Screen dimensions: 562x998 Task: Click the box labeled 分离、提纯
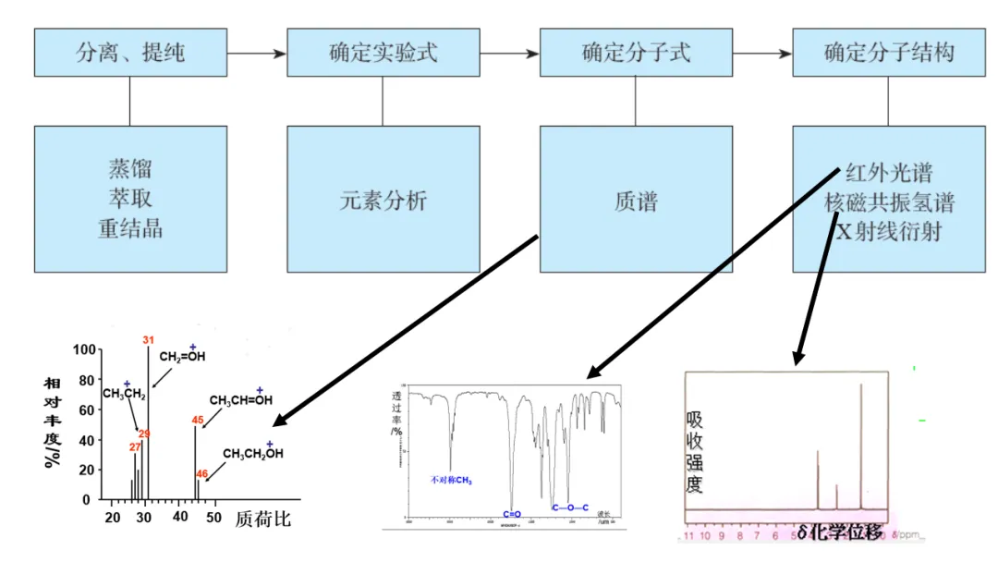pyautogui.click(x=130, y=52)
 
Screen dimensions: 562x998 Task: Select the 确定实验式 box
pyautogui.click(x=383, y=52)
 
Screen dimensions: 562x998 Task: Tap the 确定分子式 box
pyautogui.click(x=636, y=52)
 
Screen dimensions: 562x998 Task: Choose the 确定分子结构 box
pyautogui.click(x=888, y=52)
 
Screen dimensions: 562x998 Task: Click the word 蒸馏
pyautogui.click(x=130, y=169)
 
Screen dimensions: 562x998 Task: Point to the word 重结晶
pyautogui.click(x=130, y=228)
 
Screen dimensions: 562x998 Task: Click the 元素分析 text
pyautogui.click(x=383, y=200)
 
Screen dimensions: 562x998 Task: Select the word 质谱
pyautogui.click(x=636, y=200)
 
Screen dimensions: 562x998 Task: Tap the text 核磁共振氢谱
pyautogui.click(x=889, y=202)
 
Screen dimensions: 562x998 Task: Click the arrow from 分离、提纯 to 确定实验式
pyautogui.click(x=257, y=53)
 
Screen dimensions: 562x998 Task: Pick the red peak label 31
pyautogui.click(x=148, y=340)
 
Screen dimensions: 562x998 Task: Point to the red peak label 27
pyautogui.click(x=135, y=447)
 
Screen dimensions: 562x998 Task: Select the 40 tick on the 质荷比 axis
pyautogui.click(x=180, y=518)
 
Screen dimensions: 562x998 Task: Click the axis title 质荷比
pyautogui.click(x=262, y=519)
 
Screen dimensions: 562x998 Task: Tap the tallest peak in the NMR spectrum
pyautogui.click(x=861, y=444)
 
